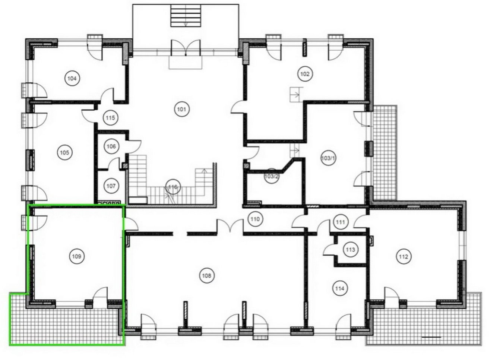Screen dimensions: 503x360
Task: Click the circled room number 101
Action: [x=182, y=109]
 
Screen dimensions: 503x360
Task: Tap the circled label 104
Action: [x=72, y=78]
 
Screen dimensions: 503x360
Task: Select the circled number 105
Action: [x=65, y=153]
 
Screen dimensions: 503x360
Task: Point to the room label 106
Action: [x=111, y=146]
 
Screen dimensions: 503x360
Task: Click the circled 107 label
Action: [x=111, y=186]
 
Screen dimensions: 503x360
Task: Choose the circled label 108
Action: [x=206, y=275]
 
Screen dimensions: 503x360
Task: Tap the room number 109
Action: [x=77, y=256]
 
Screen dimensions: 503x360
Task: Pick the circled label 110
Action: [x=255, y=219]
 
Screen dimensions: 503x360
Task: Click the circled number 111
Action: [x=341, y=222]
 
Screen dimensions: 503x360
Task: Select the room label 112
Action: [x=404, y=256]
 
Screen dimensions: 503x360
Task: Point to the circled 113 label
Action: [x=351, y=250]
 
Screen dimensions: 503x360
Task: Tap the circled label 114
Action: [x=339, y=288]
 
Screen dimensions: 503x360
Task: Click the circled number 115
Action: [x=110, y=117]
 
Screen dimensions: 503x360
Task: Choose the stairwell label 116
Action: [x=173, y=187]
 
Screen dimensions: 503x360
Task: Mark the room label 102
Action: [x=305, y=74]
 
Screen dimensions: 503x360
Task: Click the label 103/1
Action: [x=328, y=158]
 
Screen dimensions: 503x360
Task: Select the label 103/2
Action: [x=272, y=176]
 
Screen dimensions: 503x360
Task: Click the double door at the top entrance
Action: [x=186, y=48]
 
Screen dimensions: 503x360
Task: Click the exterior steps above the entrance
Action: [x=186, y=16]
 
